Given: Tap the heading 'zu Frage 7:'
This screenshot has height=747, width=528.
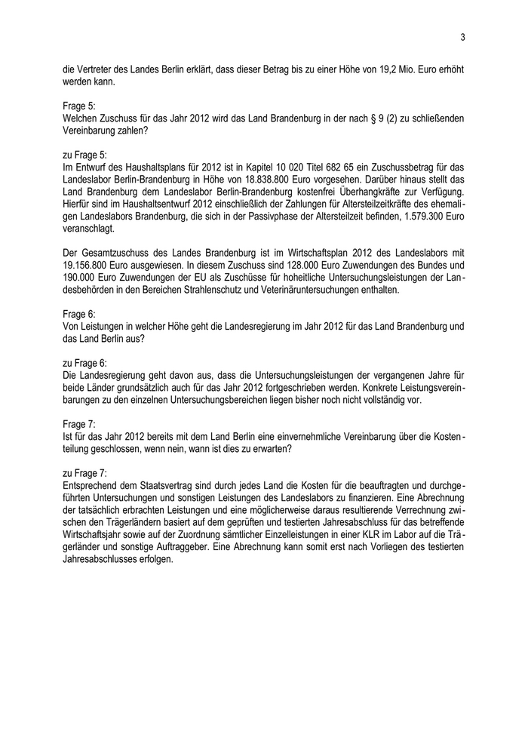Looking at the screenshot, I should coord(84,473).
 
